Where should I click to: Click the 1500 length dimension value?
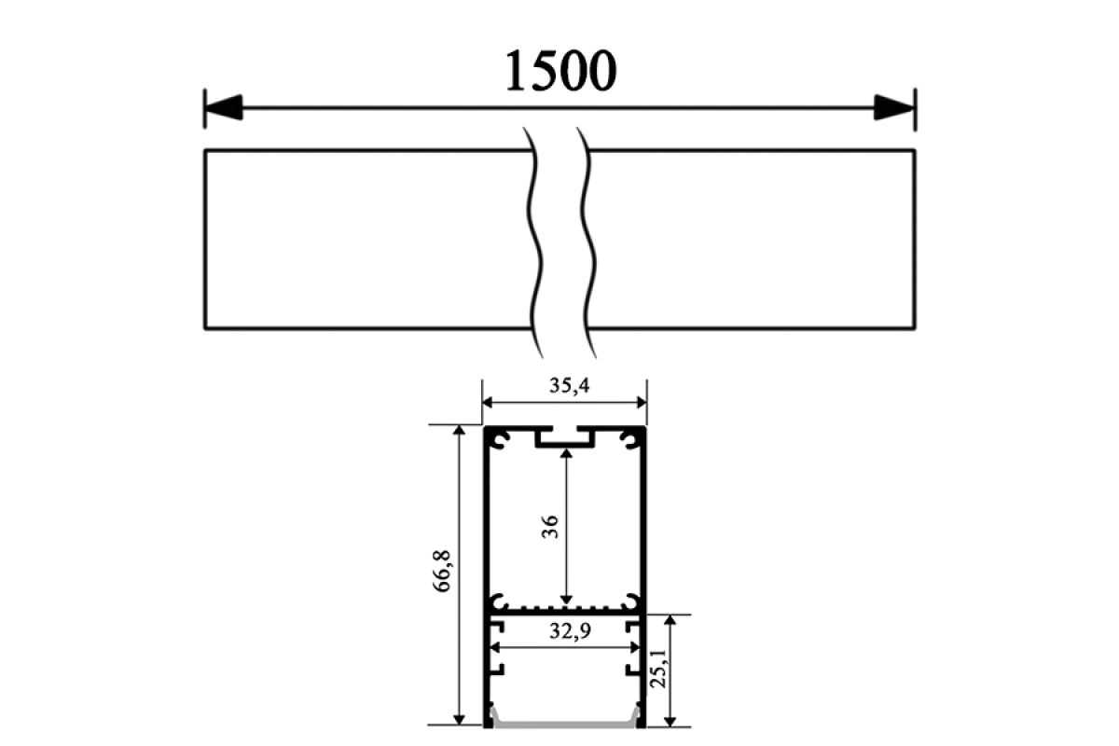(x=561, y=71)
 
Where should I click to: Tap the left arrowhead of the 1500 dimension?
(x=223, y=107)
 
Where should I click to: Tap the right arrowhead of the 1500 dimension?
(x=894, y=107)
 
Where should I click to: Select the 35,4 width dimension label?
(x=569, y=386)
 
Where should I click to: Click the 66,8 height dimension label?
(x=443, y=571)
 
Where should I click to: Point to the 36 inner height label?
(x=550, y=527)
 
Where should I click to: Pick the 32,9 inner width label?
(x=570, y=631)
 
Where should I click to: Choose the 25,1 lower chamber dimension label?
(x=659, y=668)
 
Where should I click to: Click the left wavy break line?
(x=534, y=242)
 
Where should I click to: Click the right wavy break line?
(x=588, y=242)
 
